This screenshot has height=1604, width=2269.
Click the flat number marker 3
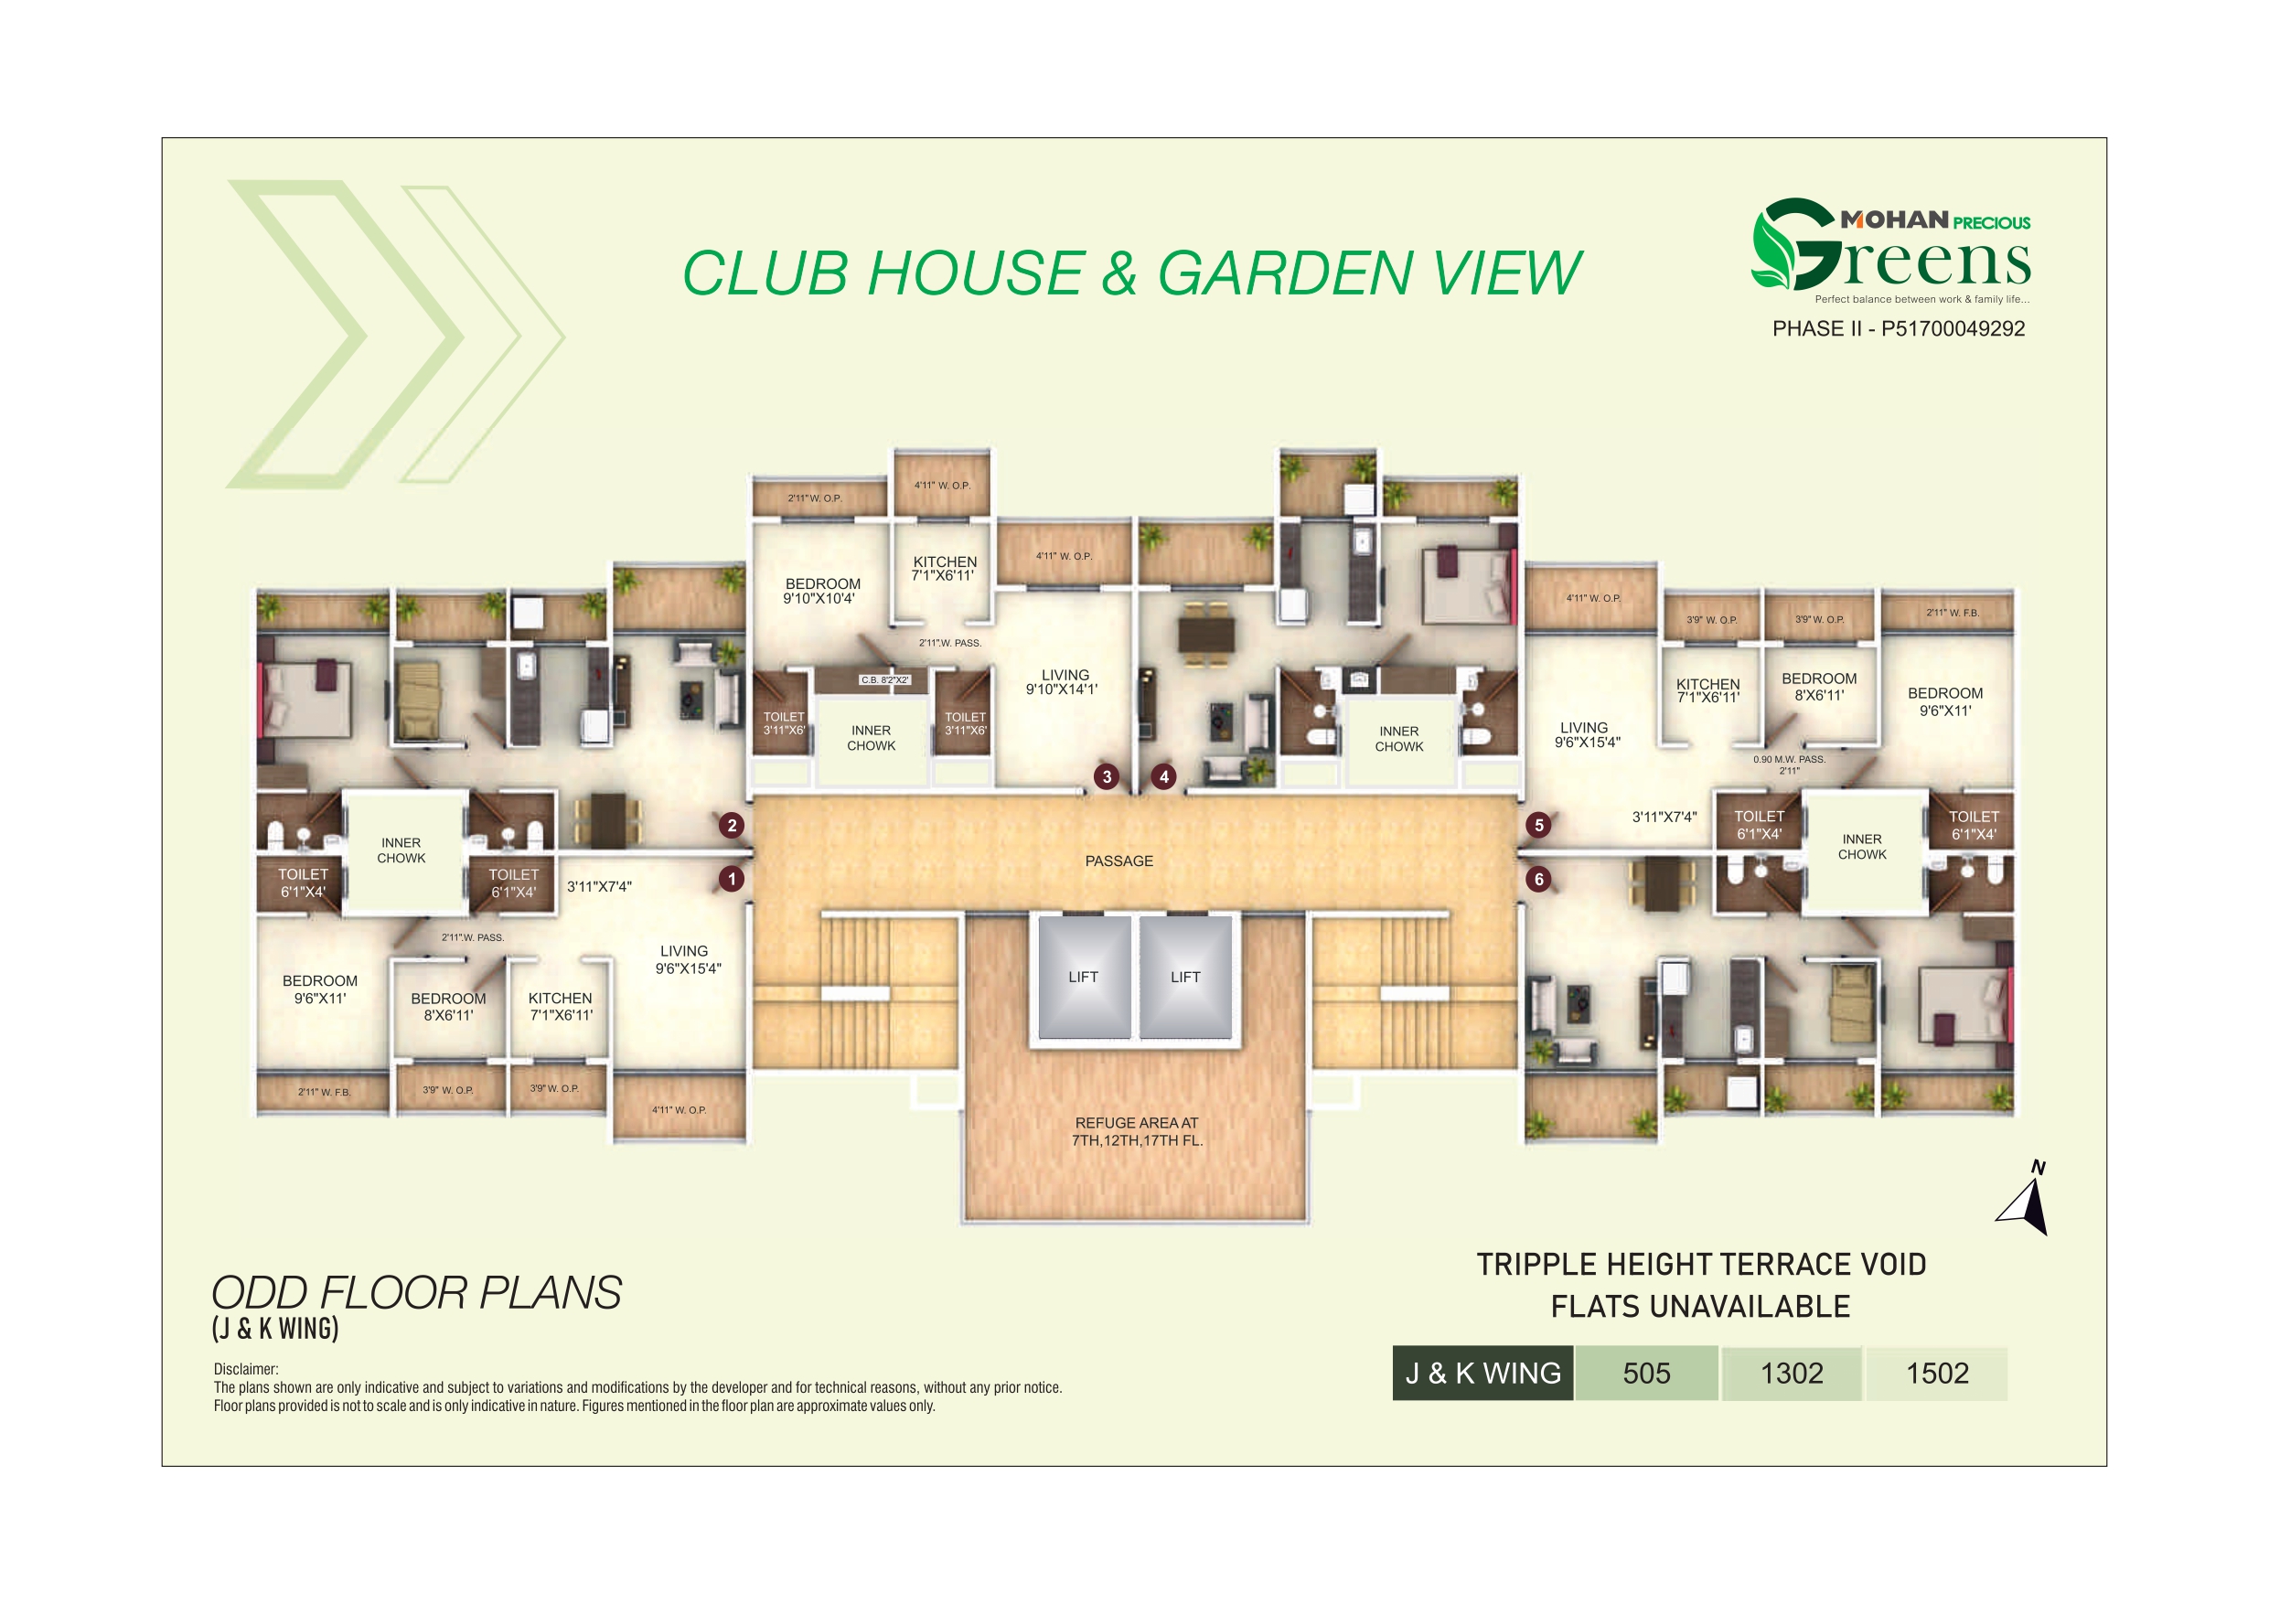click(x=1107, y=776)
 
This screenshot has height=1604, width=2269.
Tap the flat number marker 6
click(x=1538, y=880)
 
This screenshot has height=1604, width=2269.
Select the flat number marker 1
click(x=732, y=879)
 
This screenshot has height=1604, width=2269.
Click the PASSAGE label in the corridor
click(x=1118, y=861)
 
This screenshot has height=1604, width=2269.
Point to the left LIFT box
click(x=1083, y=978)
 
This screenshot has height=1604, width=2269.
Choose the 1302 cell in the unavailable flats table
click(x=1792, y=1374)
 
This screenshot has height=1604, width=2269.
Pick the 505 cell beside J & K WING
click(x=1646, y=1374)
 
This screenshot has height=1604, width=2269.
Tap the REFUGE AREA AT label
click(x=1137, y=1124)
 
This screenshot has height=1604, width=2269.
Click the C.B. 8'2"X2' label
click(x=884, y=680)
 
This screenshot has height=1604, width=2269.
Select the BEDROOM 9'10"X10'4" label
click(x=821, y=591)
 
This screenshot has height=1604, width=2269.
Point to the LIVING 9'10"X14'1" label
click(x=1064, y=682)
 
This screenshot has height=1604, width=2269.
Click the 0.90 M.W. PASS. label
click(x=1789, y=760)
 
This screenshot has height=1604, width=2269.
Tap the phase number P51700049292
click(x=1953, y=329)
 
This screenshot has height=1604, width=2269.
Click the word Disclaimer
click(x=245, y=1370)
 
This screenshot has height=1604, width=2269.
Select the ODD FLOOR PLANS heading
click(x=416, y=1294)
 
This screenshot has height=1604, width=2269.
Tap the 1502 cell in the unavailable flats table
click(x=1937, y=1374)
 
